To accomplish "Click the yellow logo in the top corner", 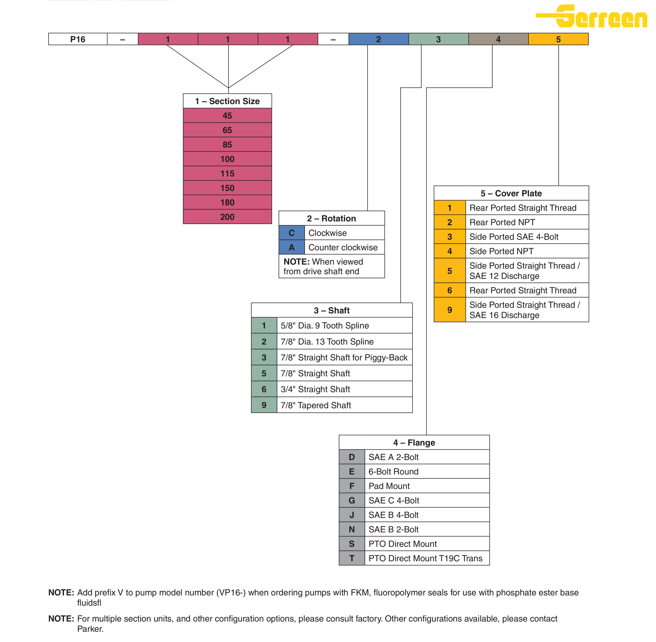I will (592, 16).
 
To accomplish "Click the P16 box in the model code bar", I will (78, 39).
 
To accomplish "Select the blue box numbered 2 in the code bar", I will (378, 39).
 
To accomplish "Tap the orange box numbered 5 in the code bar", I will (558, 39).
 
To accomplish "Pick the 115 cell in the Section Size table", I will (227, 173).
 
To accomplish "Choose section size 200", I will (227, 217).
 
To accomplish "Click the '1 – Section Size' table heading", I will (227, 101).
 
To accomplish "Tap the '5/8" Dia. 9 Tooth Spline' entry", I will (324, 325).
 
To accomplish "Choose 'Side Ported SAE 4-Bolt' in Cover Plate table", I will (514, 237).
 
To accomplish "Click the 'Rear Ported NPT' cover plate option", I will (502, 222).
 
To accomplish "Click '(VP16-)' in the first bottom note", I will (231, 592).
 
